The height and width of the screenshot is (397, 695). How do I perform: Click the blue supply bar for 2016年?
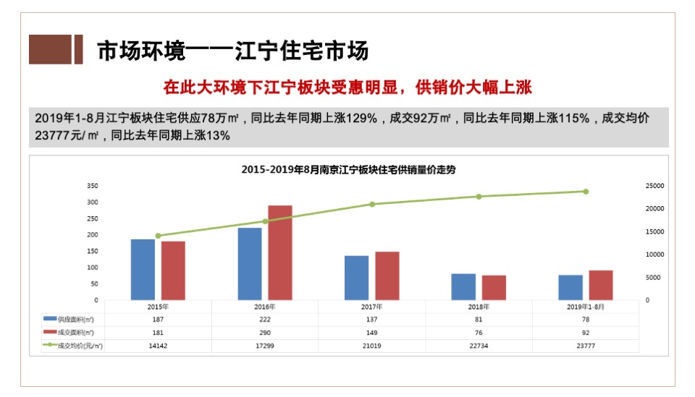coord(250,264)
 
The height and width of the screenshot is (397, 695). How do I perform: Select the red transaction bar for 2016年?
coord(280,252)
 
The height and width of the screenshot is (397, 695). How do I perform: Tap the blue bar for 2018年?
coord(463,286)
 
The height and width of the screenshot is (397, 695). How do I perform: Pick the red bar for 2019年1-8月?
coord(601,285)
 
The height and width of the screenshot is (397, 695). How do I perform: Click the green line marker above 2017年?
coord(372,204)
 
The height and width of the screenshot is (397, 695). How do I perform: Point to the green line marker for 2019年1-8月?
coord(586,192)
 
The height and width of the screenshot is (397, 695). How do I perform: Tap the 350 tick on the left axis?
coord(91,186)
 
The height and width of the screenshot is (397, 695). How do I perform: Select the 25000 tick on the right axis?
coord(654,186)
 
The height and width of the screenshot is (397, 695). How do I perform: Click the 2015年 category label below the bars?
coord(158,307)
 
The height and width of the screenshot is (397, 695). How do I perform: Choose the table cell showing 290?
coord(265,333)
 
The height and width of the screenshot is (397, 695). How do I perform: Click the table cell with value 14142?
coord(158,346)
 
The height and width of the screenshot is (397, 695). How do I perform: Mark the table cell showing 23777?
coord(586,346)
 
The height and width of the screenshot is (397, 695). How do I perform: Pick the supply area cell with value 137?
coord(372,319)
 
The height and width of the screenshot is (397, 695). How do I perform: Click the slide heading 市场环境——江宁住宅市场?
coord(232,51)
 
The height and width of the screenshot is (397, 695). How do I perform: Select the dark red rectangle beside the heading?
coord(55,49)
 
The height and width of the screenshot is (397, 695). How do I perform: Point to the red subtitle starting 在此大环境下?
coord(347,87)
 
